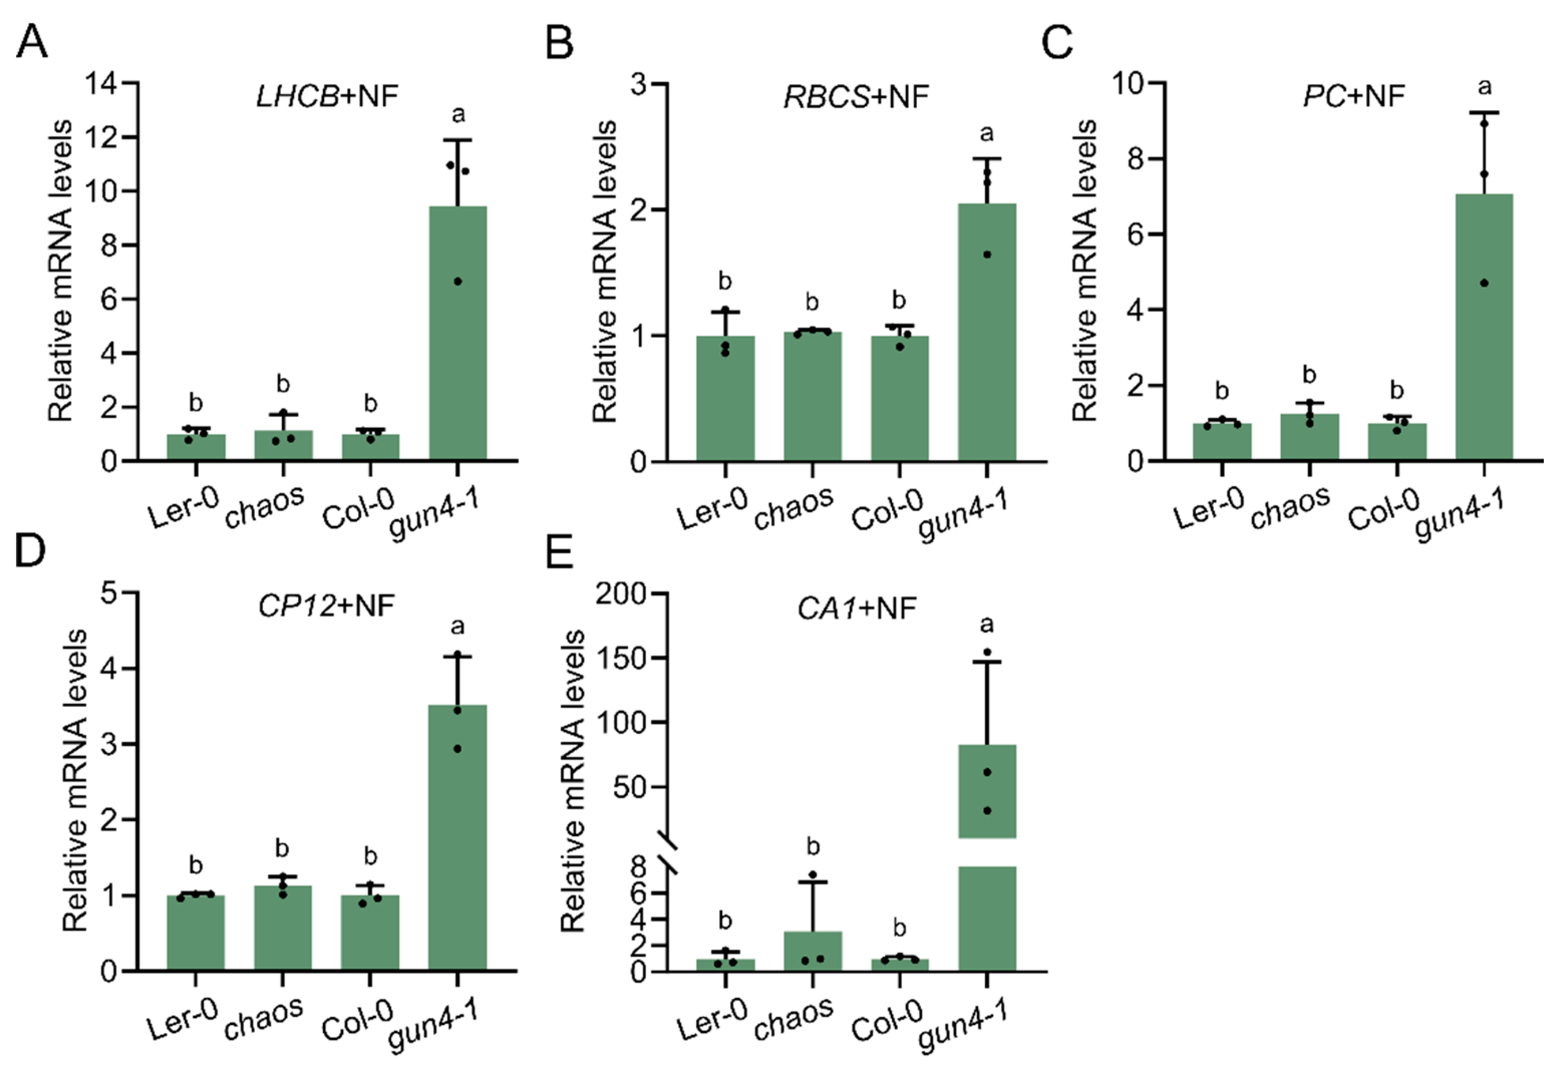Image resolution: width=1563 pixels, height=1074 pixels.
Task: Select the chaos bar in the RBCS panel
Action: [812, 397]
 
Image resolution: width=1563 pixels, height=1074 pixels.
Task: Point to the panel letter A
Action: [31, 42]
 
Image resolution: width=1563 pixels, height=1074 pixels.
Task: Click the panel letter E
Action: [559, 553]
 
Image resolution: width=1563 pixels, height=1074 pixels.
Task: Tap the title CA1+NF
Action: [857, 608]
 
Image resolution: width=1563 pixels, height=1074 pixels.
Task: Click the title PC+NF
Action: [1353, 96]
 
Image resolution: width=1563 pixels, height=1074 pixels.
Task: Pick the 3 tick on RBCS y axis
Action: [639, 84]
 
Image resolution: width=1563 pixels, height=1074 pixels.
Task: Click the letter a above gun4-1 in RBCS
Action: [986, 133]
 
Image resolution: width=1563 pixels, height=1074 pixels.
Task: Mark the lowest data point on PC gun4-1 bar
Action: [1484, 282]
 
